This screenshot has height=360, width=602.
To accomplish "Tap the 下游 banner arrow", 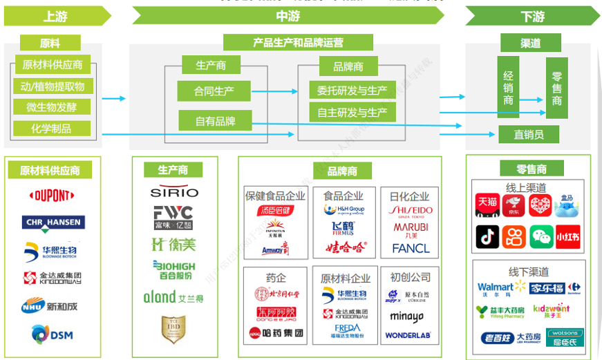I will pyautogui.click(x=532, y=16).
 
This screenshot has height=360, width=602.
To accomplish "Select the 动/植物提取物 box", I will pyautogui.click(x=53, y=86).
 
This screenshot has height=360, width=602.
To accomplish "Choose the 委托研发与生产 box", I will pyautogui.click(x=352, y=91).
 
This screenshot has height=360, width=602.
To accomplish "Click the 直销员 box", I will pyautogui.click(x=529, y=135).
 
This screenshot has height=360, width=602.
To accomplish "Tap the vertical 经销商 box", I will pyautogui.click(x=509, y=86).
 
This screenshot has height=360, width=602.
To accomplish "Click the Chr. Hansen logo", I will pyautogui.click(x=53, y=222).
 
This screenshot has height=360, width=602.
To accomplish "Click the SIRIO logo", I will pyautogui.click(x=174, y=192).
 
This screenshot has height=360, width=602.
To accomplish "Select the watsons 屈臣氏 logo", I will pyautogui.click(x=565, y=337).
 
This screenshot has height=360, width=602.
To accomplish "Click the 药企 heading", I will pyautogui.click(x=275, y=277).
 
